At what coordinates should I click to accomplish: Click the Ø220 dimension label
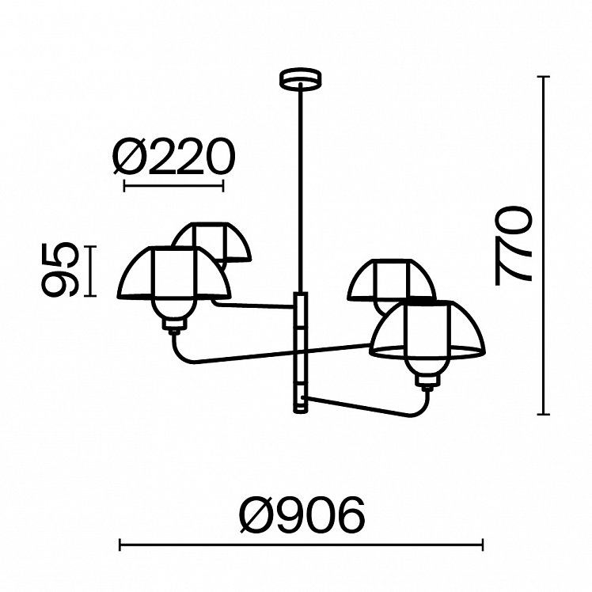(174, 156)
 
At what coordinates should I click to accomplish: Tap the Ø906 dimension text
(303, 514)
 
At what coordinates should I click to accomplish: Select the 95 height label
(59, 271)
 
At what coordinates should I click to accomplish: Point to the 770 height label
(513, 245)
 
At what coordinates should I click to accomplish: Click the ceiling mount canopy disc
(300, 78)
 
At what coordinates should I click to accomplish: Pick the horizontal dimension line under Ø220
(173, 186)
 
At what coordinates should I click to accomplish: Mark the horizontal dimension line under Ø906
(301, 545)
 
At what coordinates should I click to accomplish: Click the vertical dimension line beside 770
(543, 245)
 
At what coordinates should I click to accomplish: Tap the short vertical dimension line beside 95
(90, 271)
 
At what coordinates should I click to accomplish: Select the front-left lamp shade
(173, 272)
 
